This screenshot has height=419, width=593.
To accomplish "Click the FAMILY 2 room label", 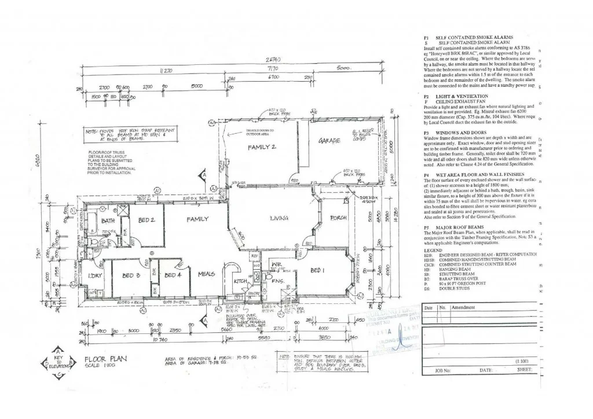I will (262, 148).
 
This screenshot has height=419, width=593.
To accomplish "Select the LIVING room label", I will (283, 218).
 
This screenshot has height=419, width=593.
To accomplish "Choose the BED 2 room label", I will (147, 220).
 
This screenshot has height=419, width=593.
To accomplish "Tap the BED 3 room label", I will (131, 275).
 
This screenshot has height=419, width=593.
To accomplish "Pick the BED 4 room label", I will (173, 275).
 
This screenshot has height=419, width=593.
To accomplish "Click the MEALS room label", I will (207, 274).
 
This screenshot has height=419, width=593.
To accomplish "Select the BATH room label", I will (108, 220).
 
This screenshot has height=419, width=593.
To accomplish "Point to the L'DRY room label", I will (94, 275).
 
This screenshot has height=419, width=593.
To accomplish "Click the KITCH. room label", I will (241, 281).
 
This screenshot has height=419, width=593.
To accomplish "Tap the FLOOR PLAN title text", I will (106, 359).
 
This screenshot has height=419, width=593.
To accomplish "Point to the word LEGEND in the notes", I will (433, 250).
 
